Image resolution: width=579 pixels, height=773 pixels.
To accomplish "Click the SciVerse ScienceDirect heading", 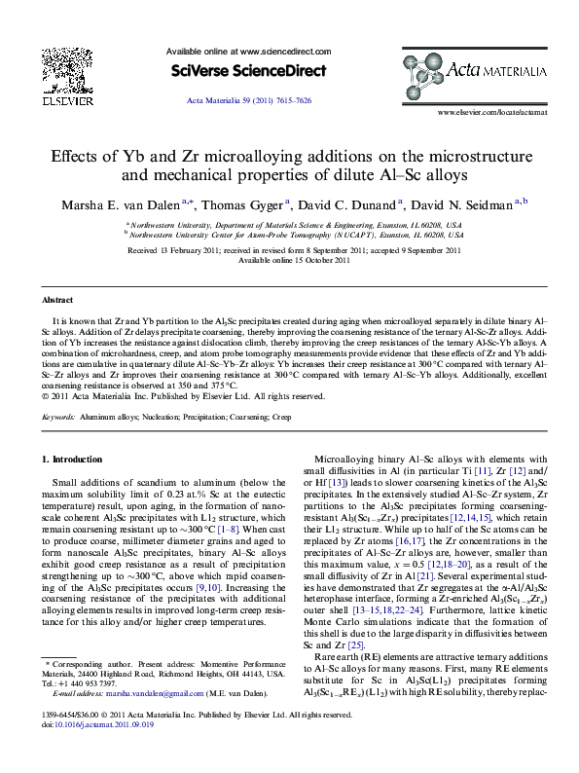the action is pyautogui.click(x=238, y=71).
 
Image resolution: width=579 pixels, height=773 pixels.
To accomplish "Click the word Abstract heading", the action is pyautogui.click(x=58, y=300).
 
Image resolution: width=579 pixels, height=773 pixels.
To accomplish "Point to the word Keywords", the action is pyautogui.click(x=59, y=417).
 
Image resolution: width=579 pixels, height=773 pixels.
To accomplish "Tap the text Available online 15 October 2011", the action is pyautogui.click(x=289, y=261).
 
